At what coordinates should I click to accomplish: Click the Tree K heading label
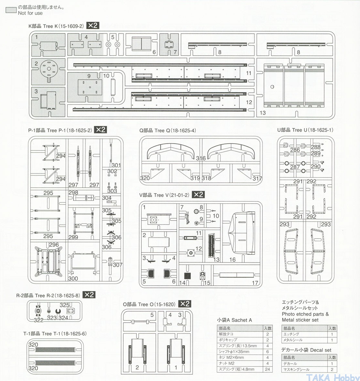[56, 26]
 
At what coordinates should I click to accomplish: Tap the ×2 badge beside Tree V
[198, 194]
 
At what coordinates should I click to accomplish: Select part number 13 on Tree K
[263, 113]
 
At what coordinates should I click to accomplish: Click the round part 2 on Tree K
[49, 69]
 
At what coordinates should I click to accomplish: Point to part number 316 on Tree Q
[201, 158]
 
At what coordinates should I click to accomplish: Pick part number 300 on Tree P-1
[73, 278]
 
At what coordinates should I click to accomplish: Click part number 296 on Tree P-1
[54, 245]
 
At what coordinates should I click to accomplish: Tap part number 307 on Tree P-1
[117, 265]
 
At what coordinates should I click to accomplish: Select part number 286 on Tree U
[295, 150]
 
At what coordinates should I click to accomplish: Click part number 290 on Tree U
[315, 166]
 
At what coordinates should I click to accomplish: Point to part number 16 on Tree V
[232, 259]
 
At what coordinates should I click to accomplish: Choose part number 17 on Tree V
[255, 283]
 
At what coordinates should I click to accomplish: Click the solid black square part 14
[187, 276]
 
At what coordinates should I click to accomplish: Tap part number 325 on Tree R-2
[65, 305]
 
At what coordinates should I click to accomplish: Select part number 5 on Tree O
[152, 315]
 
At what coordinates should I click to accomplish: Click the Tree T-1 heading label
[55, 333]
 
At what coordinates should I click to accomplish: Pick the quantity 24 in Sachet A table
[267, 369]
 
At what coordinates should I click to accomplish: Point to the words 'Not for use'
[30, 13]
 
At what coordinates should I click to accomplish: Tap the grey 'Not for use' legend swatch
[11, 10]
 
